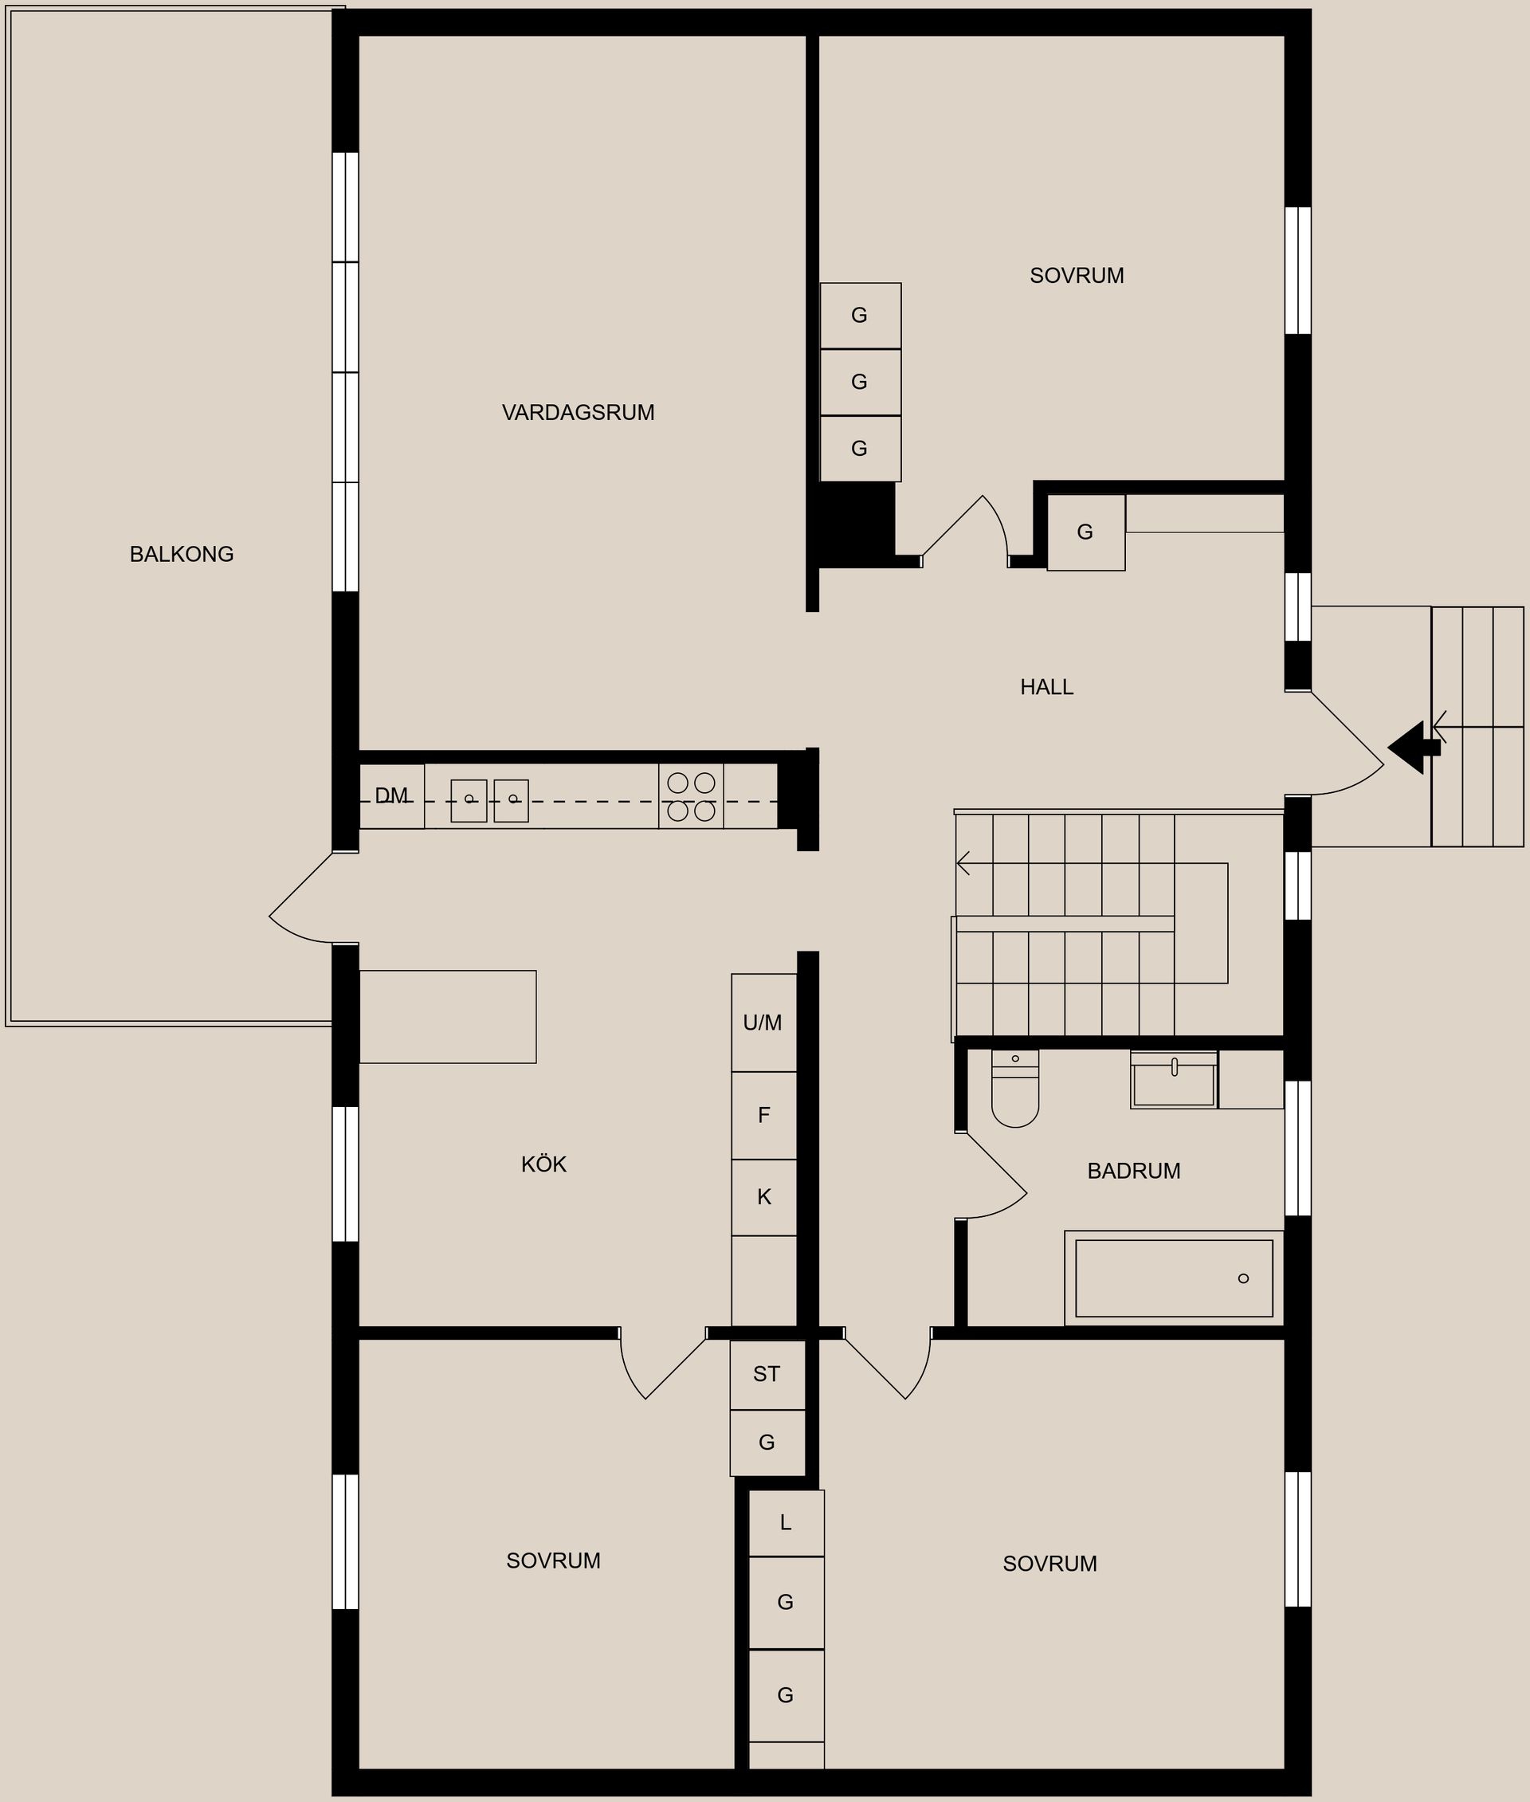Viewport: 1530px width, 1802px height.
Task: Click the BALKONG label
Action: coord(181,555)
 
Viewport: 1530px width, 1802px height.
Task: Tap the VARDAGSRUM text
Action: coord(578,413)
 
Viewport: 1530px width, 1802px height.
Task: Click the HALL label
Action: coord(1046,687)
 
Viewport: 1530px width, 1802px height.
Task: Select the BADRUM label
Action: coord(1132,1172)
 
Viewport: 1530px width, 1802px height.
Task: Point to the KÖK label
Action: coord(543,1164)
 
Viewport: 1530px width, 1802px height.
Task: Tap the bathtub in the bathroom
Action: coord(1173,1278)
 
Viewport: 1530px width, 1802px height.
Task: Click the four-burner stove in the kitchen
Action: coord(690,796)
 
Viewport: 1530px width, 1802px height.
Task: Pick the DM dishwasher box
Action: coord(391,796)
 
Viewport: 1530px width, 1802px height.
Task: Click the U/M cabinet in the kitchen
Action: coord(763,1023)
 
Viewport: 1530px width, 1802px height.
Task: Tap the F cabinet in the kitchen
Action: coord(763,1116)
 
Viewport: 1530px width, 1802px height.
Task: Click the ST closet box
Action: coord(767,1374)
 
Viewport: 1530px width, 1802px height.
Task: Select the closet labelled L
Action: coord(786,1522)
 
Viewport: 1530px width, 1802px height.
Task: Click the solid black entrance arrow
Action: coord(1412,747)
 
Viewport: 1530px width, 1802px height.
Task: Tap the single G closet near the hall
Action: coord(1085,532)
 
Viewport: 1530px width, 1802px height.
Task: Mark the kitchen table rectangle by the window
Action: coord(448,1017)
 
